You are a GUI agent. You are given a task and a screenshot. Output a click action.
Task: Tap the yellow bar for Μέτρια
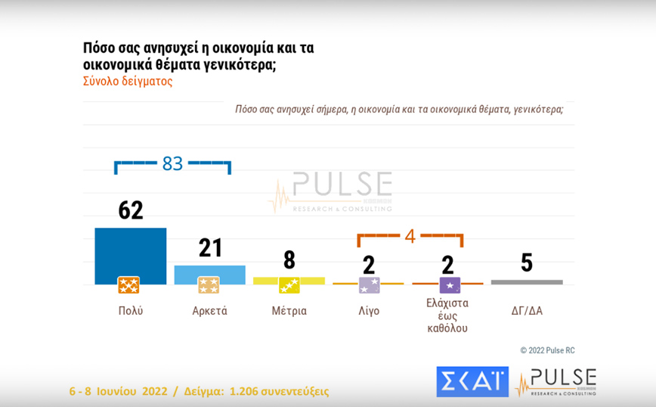pos(289,280)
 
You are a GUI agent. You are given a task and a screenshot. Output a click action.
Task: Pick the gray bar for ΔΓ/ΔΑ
pos(527,282)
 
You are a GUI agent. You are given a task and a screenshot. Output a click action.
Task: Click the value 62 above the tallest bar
pos(131,210)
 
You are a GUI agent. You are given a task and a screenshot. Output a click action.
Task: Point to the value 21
pos(209,247)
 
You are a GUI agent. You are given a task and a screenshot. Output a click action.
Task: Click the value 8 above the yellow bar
pos(289,260)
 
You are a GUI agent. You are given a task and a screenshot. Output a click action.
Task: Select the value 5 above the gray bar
pos(527,263)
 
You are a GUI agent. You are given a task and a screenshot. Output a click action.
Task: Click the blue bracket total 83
pos(173,163)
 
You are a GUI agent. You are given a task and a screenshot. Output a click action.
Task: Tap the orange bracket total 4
pos(410,235)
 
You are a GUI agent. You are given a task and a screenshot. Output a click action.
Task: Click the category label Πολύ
pos(130,311)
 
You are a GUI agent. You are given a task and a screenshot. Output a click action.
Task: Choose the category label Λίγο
pos(368,311)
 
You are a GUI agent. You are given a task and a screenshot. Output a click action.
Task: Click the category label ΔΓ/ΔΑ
pos(526,311)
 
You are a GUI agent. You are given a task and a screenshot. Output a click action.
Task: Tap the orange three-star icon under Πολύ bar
pos(128,285)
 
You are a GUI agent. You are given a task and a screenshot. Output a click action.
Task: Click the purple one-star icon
pos(450,285)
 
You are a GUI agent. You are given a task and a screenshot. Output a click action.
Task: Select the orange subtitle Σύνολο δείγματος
pos(127,81)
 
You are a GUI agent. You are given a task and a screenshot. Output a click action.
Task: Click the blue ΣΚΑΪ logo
pos(472,381)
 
